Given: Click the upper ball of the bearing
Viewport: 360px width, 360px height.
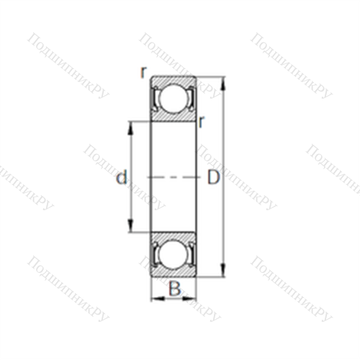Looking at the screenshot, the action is (x=174, y=98).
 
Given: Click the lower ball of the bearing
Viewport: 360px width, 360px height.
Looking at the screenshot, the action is (x=174, y=255).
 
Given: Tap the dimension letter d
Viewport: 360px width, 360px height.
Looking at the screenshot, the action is (x=122, y=177).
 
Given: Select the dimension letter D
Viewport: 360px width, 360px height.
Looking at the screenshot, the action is (x=213, y=177).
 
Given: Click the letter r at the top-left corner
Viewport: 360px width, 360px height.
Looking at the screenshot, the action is (x=143, y=72).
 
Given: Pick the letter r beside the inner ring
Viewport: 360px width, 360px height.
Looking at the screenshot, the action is (x=202, y=122).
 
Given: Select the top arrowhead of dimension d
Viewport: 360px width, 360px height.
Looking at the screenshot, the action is (x=130, y=129).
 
